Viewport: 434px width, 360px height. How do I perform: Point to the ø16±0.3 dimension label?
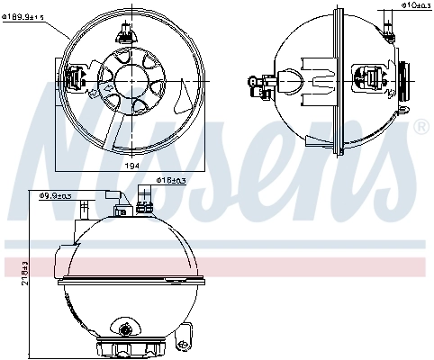pyautogui.click(x=171, y=181)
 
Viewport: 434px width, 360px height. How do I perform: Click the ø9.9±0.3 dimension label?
pyautogui.click(x=56, y=194)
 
